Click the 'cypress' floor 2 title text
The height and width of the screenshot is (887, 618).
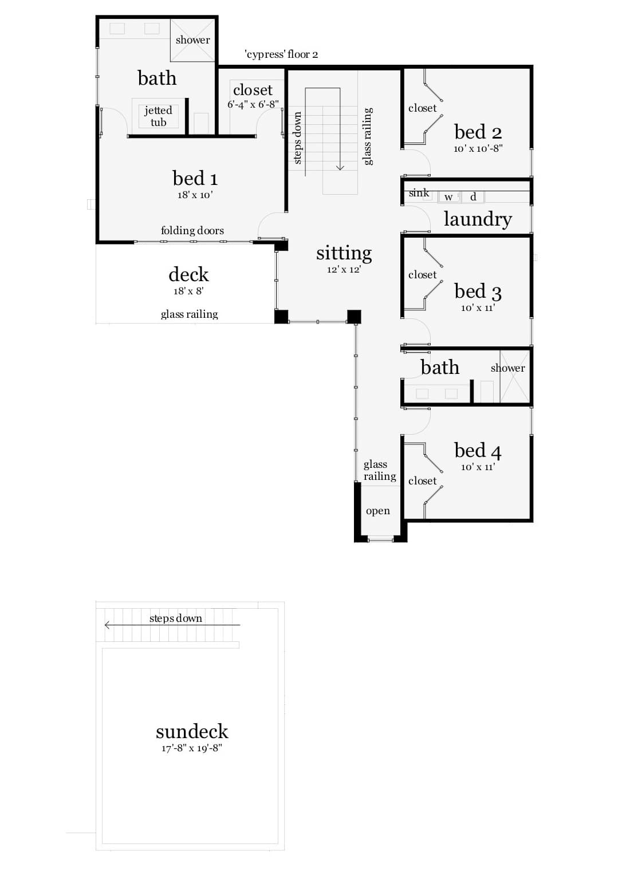coord(281,54)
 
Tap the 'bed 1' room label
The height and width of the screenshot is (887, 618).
coord(195,178)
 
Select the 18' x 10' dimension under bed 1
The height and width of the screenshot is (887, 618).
coord(195,195)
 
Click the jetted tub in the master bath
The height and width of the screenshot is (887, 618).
coord(159,116)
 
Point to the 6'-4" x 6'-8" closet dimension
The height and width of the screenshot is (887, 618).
coord(253,104)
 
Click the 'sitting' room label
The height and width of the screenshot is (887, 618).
coord(344,253)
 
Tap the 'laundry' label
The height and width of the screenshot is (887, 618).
coord(477,219)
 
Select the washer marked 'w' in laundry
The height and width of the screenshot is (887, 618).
coord(448,197)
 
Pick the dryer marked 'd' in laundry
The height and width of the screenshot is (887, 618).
coord(473,197)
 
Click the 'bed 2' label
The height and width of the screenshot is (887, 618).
coord(478,132)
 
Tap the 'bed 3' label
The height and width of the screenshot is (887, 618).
coord(478,291)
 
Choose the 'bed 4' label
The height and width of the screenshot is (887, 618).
coord(478,451)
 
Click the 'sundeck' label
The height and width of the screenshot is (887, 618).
coord(192,731)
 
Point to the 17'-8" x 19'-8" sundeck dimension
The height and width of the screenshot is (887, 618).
coord(192,748)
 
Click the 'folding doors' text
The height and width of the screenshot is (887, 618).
coord(192,230)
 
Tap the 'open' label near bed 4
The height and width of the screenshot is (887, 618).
coord(377,511)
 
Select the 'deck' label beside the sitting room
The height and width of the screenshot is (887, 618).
coord(188,274)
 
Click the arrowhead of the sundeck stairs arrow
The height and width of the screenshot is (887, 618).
coord(107,625)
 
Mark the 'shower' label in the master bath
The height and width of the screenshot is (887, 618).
coord(192,40)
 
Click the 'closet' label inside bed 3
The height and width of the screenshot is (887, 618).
coord(422,275)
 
